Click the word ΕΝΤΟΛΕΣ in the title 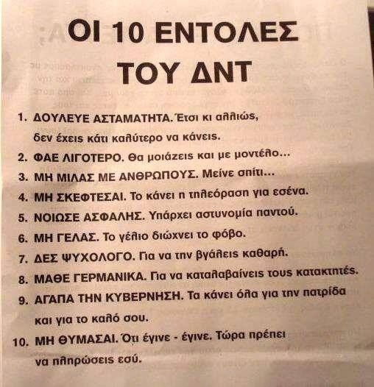(227, 32)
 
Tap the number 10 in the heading (127, 32)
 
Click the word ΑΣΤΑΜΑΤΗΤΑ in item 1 (133, 118)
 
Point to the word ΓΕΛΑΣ (78, 238)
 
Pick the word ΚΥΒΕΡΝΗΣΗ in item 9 (144, 298)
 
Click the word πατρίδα (324, 293)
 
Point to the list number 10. (21, 343)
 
